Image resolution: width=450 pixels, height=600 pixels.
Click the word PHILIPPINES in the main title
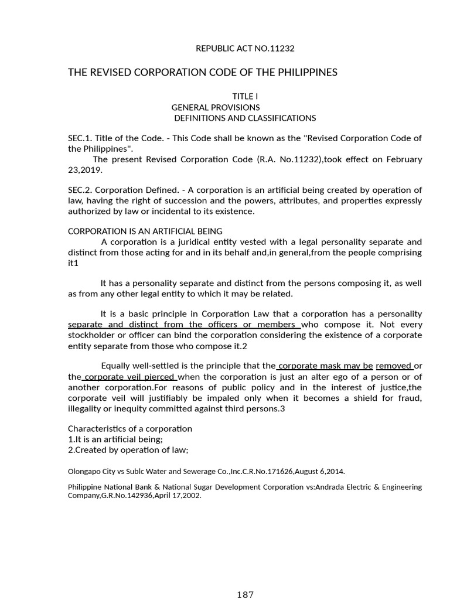tap(299, 72)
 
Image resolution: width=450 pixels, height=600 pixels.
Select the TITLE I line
tap(245, 97)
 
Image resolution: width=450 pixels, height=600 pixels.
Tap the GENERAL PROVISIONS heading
tap(215, 107)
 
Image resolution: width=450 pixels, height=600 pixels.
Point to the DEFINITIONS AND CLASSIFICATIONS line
tap(245, 118)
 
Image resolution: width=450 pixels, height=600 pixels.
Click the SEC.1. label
tap(80, 138)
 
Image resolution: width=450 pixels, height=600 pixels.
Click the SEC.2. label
tap(80, 190)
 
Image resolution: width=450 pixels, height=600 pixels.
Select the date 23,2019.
tap(85, 170)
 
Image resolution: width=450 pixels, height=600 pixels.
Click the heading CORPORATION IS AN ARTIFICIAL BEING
tap(145, 231)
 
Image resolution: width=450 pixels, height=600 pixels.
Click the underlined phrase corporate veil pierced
tap(130, 377)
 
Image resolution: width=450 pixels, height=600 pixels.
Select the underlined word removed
tap(394, 366)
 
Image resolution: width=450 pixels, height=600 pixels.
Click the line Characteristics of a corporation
tap(130, 428)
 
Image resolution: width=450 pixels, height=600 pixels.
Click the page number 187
tap(245, 594)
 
